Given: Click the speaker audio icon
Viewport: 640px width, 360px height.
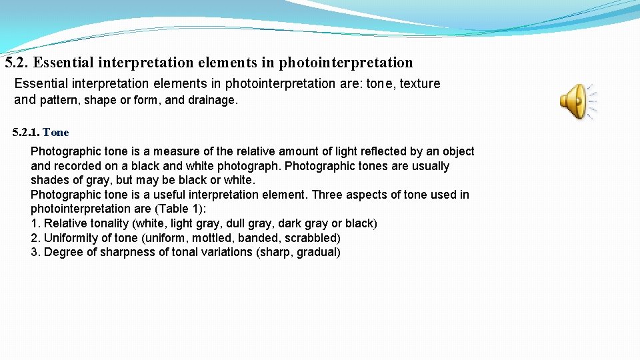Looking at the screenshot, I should [576, 101].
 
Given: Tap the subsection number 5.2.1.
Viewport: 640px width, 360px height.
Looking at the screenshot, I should [26, 132].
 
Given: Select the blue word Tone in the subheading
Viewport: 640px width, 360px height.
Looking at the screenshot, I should [55, 132].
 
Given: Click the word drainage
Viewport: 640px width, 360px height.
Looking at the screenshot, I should [213, 101].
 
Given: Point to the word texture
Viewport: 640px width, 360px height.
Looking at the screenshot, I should [419, 83].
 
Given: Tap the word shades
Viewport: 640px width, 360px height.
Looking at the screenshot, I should [48, 180].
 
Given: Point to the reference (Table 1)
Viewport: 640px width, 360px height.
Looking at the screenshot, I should [179, 209].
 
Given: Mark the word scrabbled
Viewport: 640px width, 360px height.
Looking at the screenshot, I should [312, 238].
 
